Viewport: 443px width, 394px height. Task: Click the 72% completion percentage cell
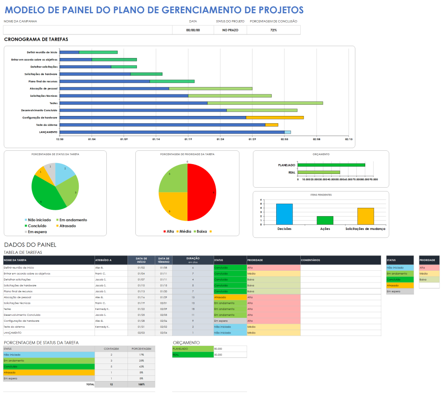[273, 30]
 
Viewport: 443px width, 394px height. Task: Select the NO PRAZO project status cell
[230, 30]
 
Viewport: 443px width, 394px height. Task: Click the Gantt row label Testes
[54, 103]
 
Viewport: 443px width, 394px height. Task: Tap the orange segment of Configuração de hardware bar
[275, 117]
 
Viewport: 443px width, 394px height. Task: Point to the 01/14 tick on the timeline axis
[156, 139]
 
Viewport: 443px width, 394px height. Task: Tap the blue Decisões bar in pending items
[284, 214]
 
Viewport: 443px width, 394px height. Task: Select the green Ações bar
[325, 220]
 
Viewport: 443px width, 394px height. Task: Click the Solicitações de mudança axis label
[365, 228]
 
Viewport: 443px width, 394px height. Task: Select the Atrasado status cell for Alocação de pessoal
[230, 297]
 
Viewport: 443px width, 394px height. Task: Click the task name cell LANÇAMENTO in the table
[49, 333]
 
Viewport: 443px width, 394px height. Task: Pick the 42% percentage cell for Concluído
[141, 366]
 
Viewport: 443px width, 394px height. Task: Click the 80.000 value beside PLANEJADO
[230, 348]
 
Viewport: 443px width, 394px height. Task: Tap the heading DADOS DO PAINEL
[30, 245]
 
